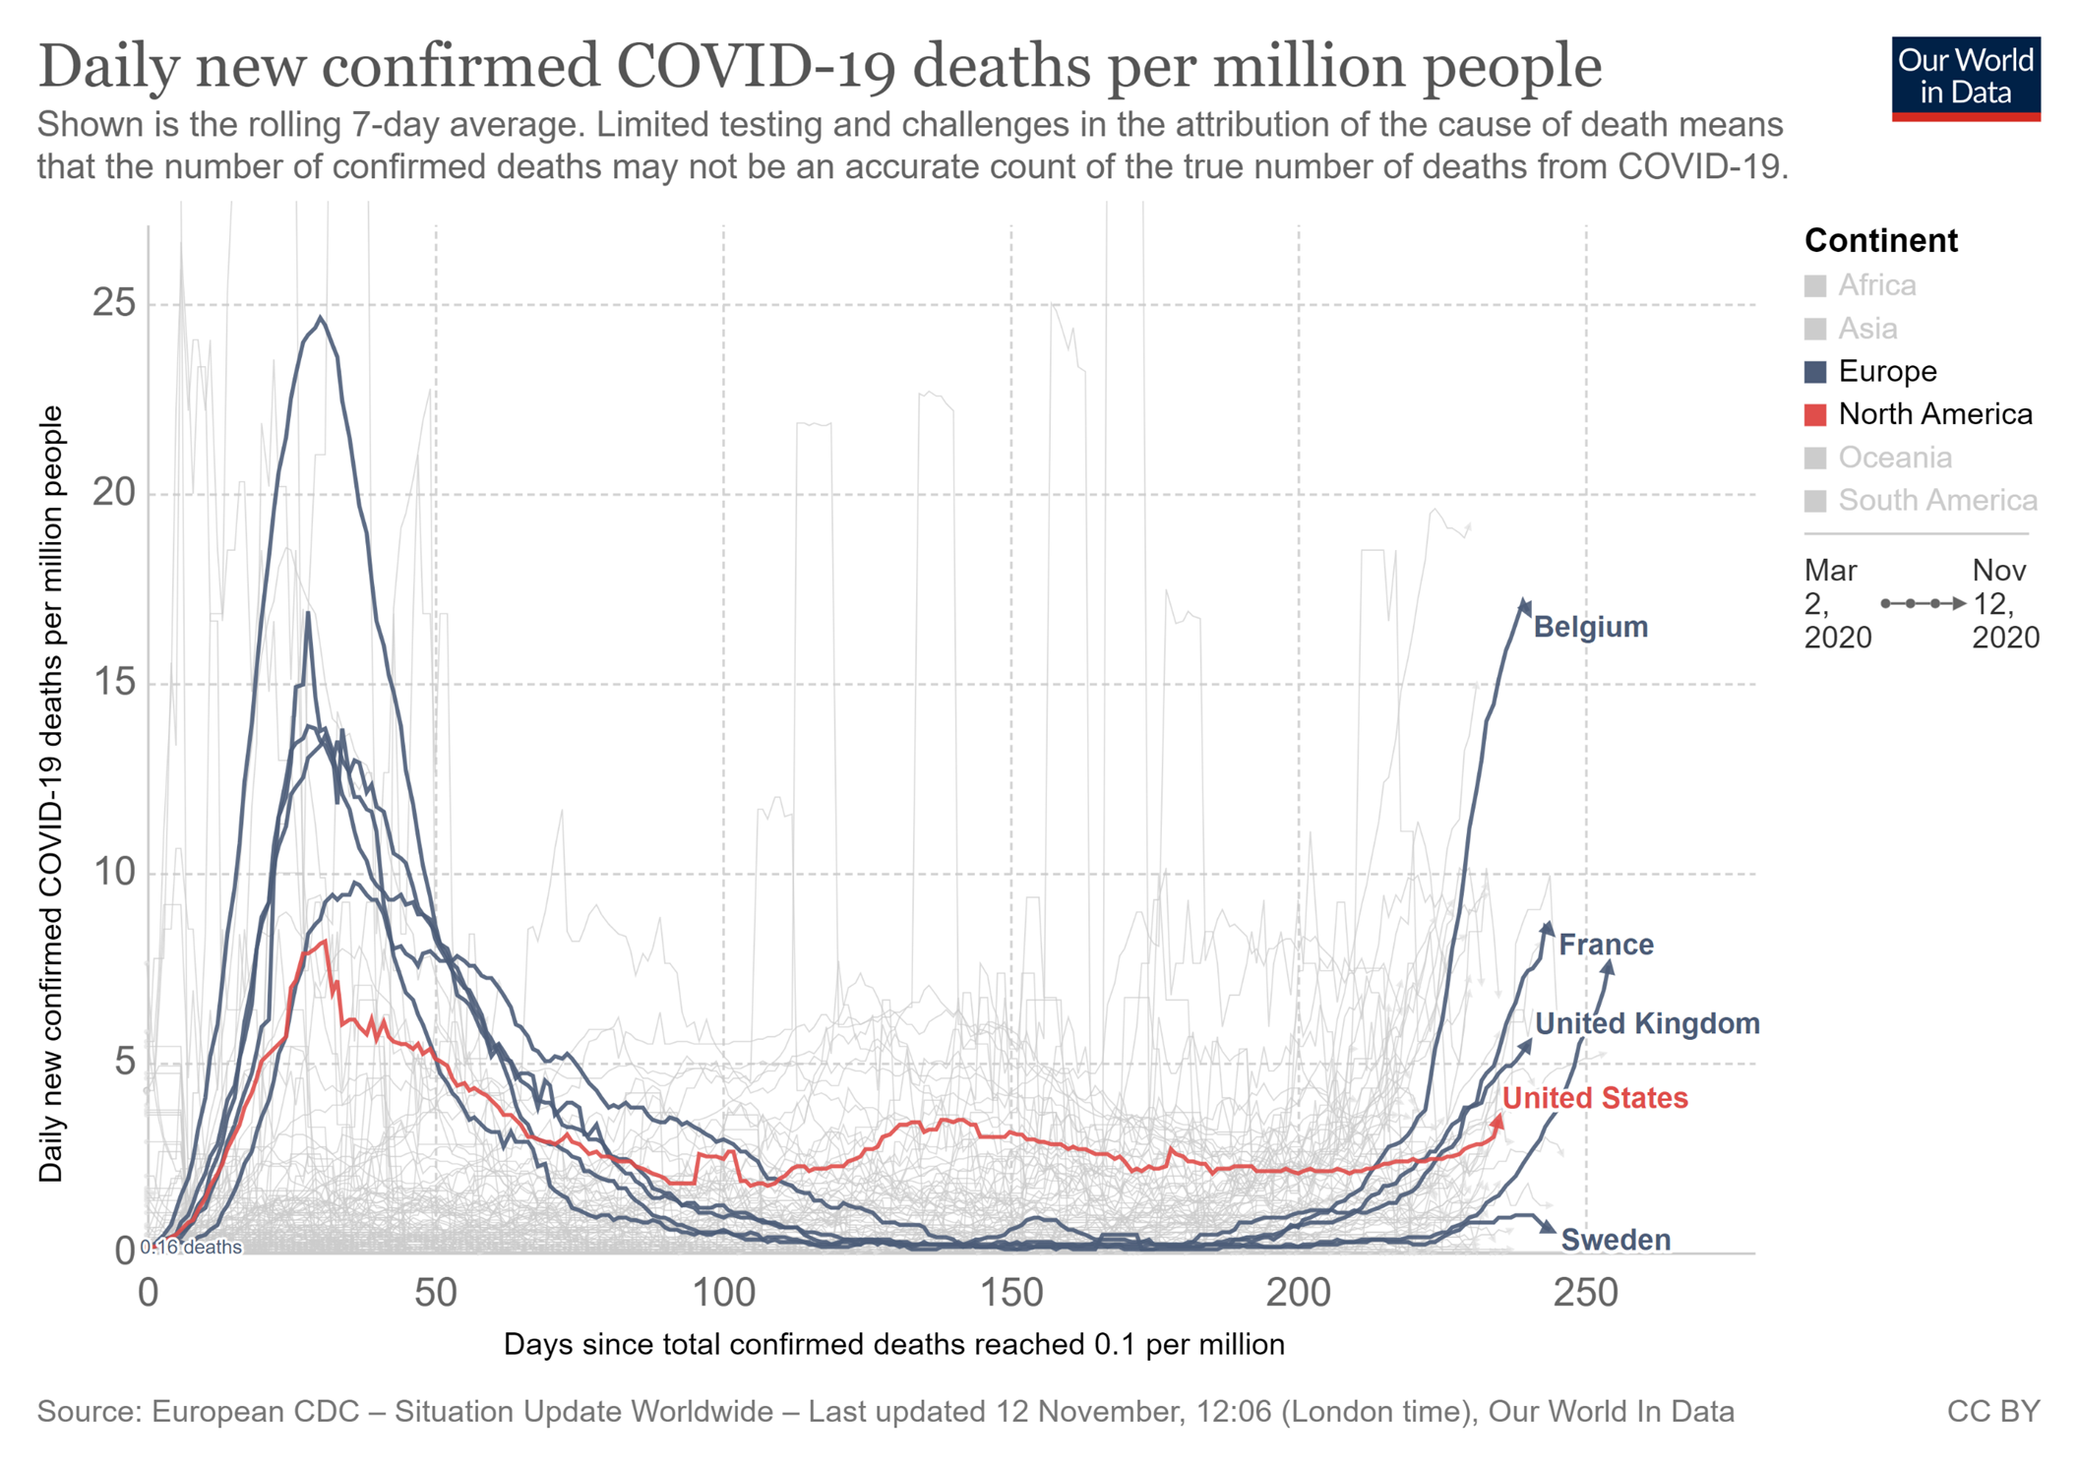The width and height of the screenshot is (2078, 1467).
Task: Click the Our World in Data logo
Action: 1965,78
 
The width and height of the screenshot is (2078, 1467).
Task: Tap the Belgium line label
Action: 1590,627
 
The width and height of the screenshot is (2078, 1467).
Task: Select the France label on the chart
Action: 1606,945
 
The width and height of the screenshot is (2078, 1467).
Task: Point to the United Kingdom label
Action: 1647,1023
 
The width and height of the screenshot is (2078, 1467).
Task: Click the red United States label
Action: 1595,1098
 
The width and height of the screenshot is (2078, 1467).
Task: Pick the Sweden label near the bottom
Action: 1616,1240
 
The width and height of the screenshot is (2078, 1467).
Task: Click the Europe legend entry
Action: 1886,371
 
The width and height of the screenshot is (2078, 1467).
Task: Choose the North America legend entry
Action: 1934,414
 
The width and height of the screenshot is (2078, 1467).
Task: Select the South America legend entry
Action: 1936,500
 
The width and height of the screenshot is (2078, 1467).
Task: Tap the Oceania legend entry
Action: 1894,458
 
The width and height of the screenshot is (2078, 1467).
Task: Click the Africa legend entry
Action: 1876,285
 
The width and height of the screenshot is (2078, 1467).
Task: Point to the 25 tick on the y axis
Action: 113,303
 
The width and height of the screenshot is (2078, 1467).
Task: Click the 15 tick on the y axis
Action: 113,683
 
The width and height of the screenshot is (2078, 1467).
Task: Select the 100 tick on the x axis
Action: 723,1293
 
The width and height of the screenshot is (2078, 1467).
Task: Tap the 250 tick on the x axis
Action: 1585,1293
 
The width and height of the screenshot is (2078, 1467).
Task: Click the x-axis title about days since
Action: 893,1344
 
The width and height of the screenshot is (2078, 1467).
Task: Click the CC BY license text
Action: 1993,1412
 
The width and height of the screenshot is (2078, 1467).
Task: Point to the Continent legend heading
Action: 1880,240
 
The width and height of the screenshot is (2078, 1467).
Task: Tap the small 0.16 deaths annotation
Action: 193,1248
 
